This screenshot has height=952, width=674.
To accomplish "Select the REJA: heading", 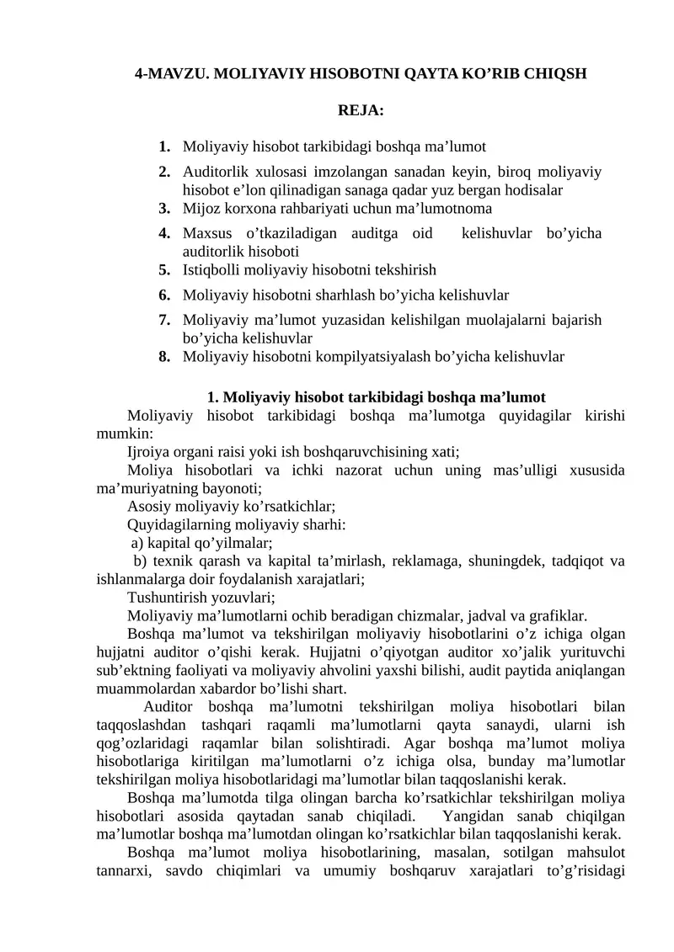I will pos(361,110).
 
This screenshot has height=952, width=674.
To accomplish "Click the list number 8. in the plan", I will pos(164,356).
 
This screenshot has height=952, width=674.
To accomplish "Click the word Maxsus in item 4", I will pos(206,232).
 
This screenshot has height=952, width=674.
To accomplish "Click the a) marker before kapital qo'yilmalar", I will pos(137,543).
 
